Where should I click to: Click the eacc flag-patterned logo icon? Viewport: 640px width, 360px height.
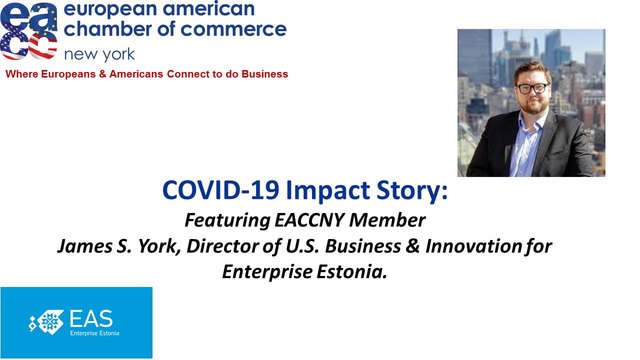(x=28, y=31)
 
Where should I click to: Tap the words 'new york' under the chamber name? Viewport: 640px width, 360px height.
(x=99, y=54)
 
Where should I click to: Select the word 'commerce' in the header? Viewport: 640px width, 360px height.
(x=233, y=29)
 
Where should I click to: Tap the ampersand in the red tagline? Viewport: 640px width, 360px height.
(x=102, y=74)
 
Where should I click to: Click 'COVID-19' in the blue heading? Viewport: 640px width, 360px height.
(x=220, y=190)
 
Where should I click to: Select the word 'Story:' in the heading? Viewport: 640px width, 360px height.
(x=411, y=191)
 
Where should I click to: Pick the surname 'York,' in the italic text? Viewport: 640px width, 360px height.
(x=159, y=246)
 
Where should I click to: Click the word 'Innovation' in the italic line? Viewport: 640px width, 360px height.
(x=472, y=246)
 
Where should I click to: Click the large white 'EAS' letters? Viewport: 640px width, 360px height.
(x=91, y=318)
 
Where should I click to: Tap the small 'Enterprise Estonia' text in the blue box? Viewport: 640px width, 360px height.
(x=94, y=333)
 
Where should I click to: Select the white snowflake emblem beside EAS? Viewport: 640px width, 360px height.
(x=46, y=322)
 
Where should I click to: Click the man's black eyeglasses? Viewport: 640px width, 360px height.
(x=532, y=88)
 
